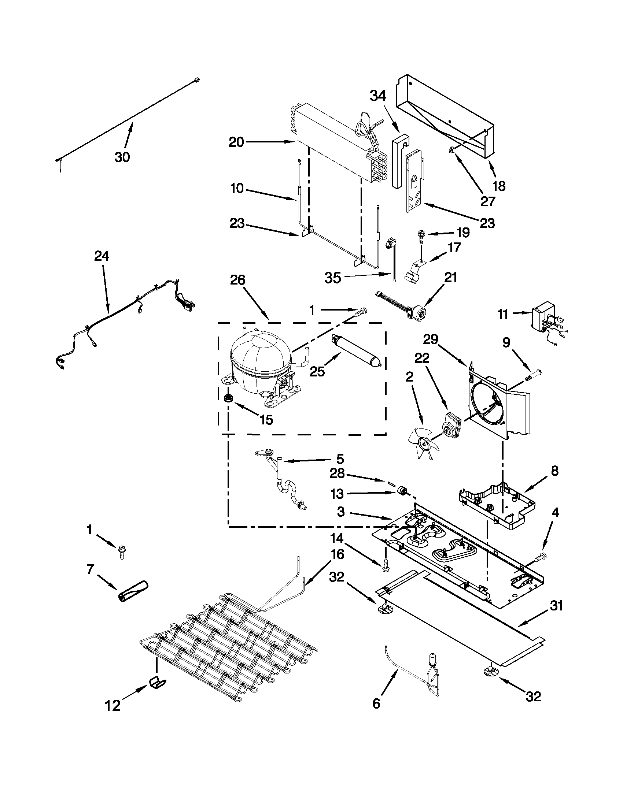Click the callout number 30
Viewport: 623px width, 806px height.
click(122, 157)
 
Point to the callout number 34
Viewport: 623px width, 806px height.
click(378, 96)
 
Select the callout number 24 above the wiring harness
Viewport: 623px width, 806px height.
click(102, 256)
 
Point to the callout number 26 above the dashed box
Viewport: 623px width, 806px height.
click(237, 280)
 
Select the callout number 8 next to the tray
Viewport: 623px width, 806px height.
click(555, 471)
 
